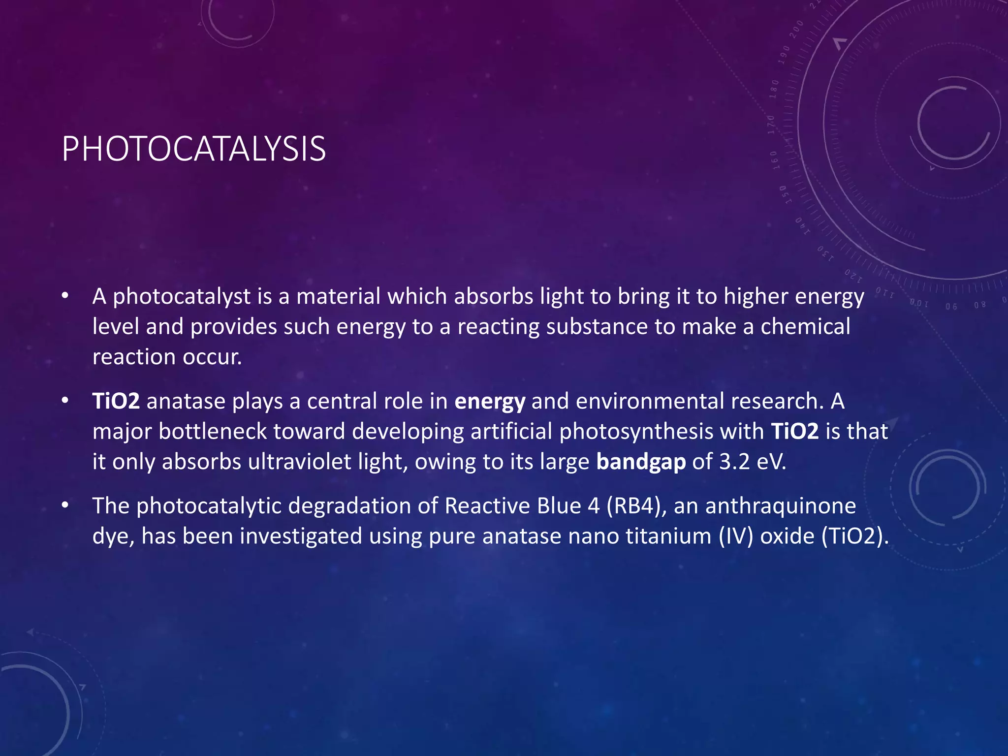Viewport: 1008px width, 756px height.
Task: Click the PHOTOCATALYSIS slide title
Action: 193,149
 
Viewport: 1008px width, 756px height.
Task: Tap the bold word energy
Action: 490,402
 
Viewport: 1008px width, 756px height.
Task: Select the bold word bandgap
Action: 641,462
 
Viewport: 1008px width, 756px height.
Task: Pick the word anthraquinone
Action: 781,506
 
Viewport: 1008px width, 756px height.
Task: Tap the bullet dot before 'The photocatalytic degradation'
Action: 65,505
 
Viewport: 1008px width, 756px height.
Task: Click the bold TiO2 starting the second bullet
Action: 116,401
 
